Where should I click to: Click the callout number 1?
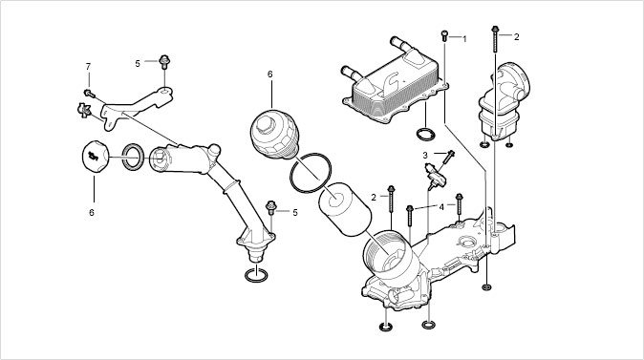coord(464,39)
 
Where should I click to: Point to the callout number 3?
coord(425,156)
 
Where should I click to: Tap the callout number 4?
coord(441,207)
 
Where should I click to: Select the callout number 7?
coord(88,67)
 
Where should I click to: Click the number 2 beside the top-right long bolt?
coord(516,37)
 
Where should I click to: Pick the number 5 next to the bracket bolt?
coord(138,64)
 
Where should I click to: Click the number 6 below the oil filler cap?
coord(92,212)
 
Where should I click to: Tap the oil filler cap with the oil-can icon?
coord(96,157)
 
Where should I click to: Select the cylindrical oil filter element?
coord(345,209)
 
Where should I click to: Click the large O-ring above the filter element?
coord(311,173)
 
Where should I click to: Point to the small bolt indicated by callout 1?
coord(444,35)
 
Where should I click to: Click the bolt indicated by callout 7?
coord(89,94)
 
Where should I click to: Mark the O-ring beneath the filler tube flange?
coord(256,275)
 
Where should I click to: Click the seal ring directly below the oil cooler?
coord(425,135)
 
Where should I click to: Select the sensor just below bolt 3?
coord(436,176)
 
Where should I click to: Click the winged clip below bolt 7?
coord(84,110)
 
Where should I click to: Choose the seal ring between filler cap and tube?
coord(133,156)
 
